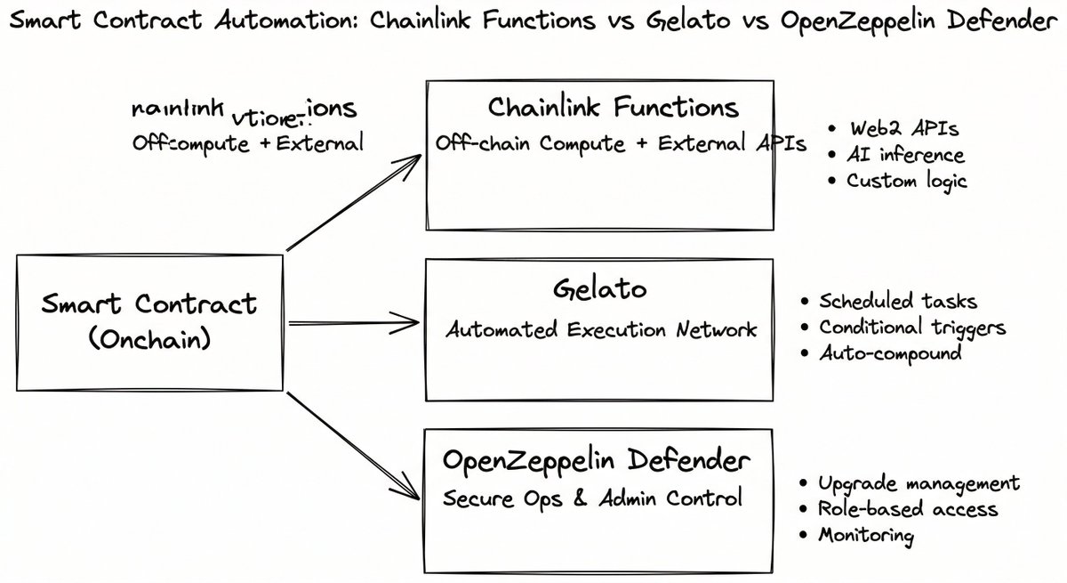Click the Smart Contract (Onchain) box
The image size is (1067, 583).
click(148, 321)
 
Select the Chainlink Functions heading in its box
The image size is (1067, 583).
click(613, 108)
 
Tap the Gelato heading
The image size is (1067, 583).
click(601, 289)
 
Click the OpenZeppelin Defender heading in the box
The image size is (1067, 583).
click(596, 461)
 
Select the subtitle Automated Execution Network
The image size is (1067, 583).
click(601, 330)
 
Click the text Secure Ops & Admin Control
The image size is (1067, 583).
click(592, 498)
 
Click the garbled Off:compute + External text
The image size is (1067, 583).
click(247, 142)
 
